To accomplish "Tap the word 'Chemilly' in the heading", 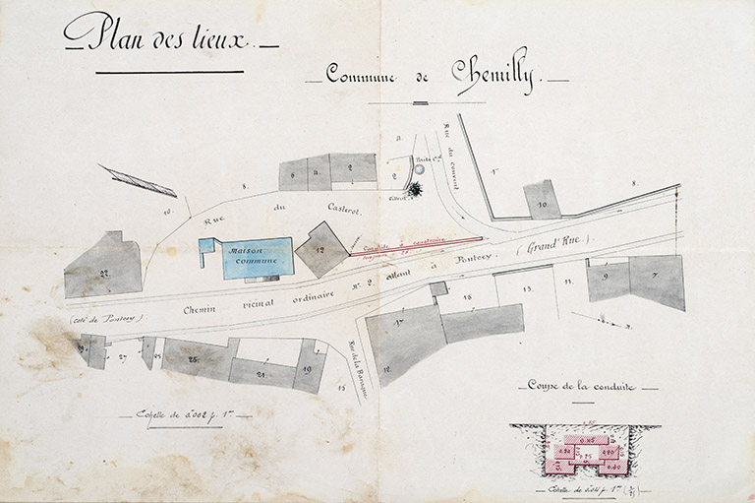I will pyautogui.click(x=493, y=73).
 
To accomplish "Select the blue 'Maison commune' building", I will pyautogui.click(x=258, y=257).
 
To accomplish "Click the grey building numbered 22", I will pyautogui.click(x=103, y=266).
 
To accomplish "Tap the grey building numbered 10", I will pyautogui.click(x=542, y=199).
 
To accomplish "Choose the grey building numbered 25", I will pyautogui.click(x=197, y=358).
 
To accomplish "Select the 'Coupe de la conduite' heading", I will pyautogui.click(x=581, y=386).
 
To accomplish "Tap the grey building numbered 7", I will pyautogui.click(x=657, y=280).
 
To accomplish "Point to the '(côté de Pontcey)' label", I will pyautogui.click(x=108, y=317).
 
